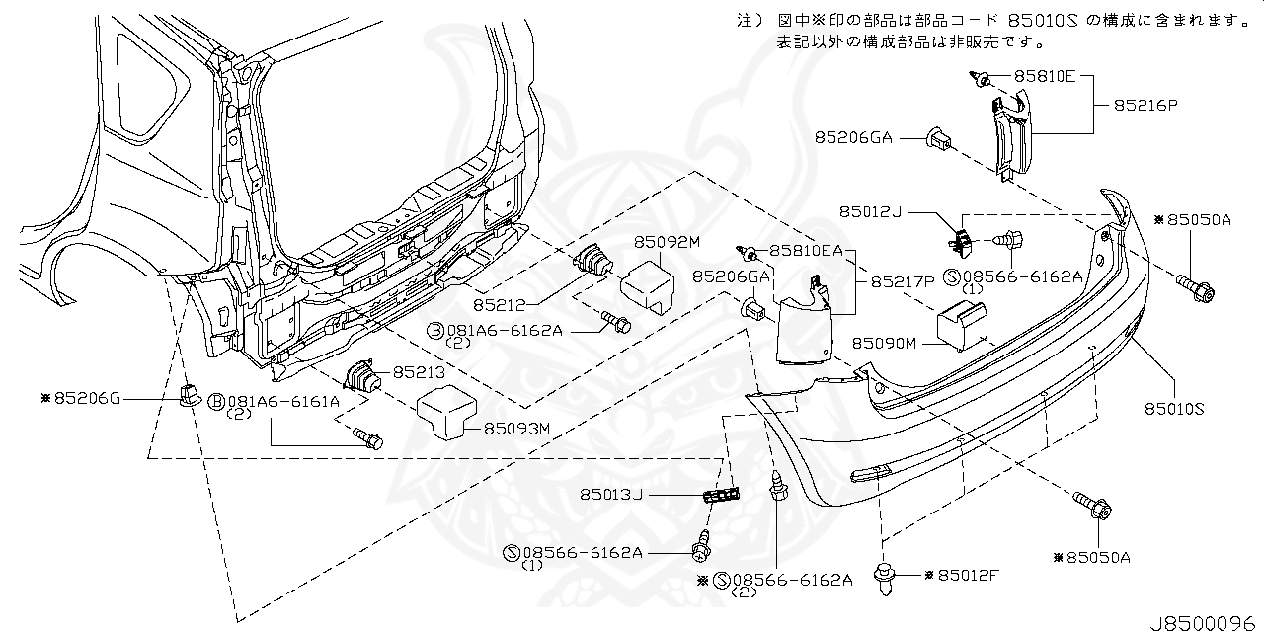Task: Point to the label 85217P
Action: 902,281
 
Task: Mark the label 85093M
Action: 515,428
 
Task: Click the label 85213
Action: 420,372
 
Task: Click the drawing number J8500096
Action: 1204,623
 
